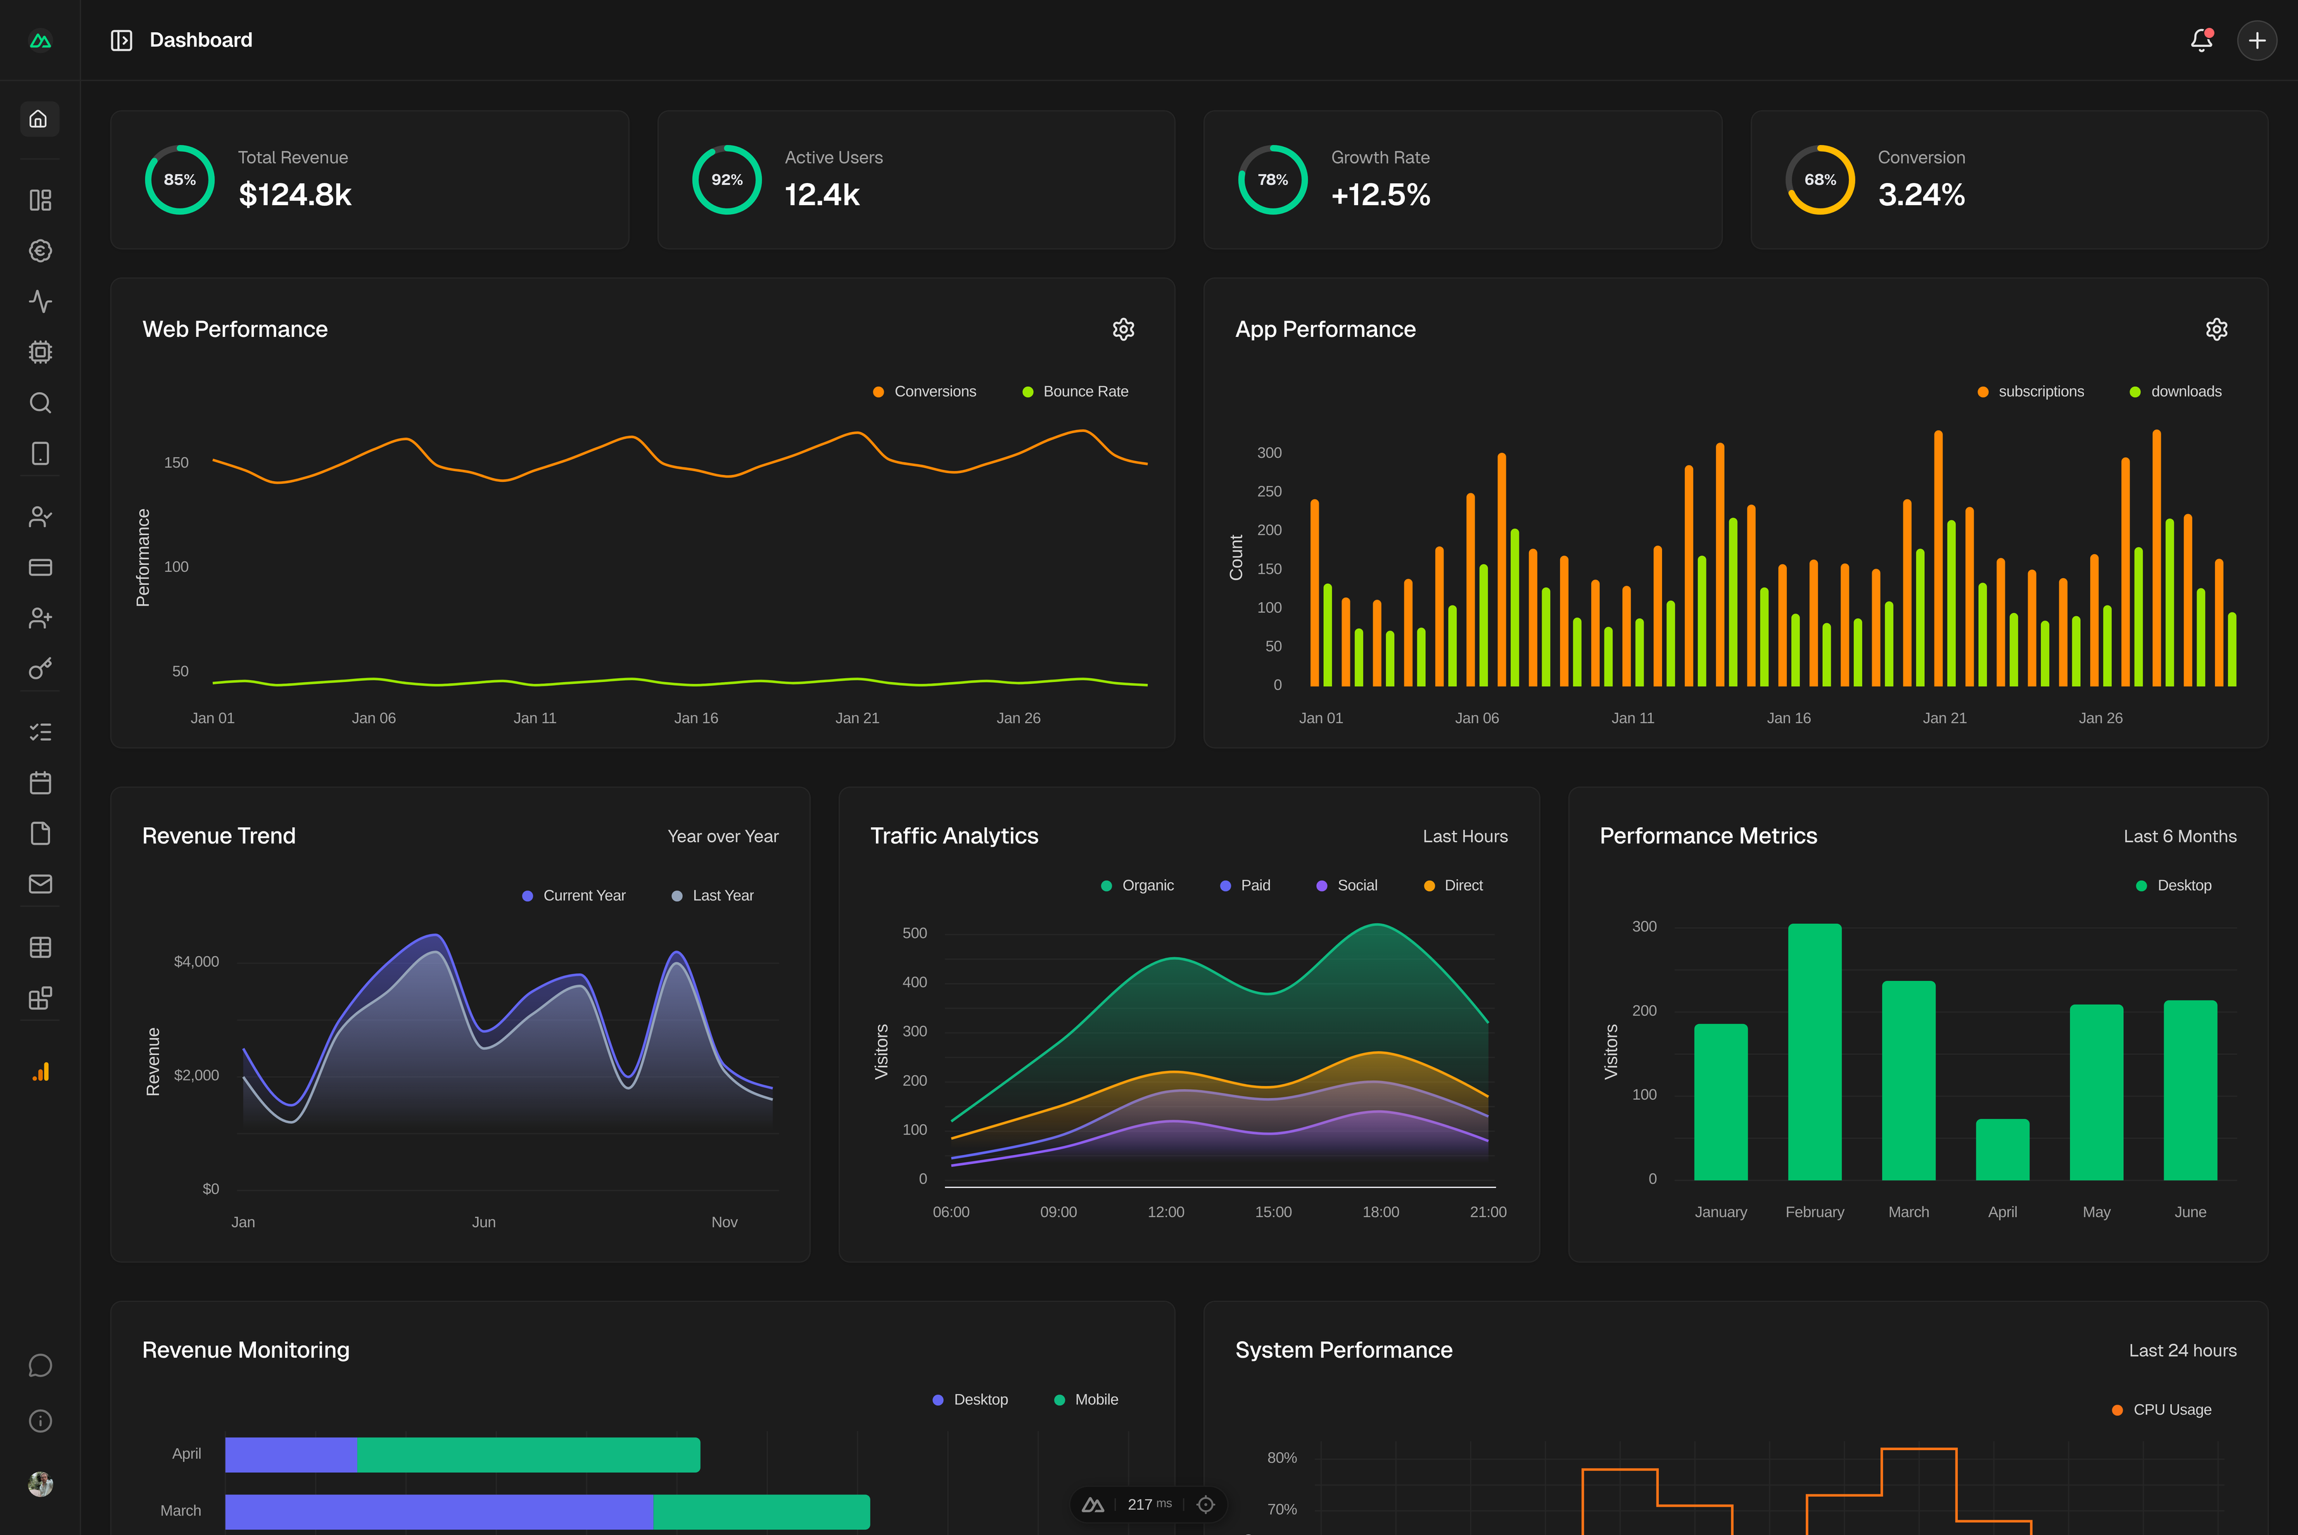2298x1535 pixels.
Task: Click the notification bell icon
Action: tap(2201, 40)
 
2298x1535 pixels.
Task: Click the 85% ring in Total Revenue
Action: tap(179, 179)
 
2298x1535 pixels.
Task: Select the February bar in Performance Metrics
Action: tap(1814, 1052)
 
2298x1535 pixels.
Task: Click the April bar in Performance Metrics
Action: tap(2002, 1149)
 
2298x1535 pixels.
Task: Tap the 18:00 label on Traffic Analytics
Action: tap(1381, 1212)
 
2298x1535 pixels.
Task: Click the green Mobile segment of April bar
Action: tap(529, 1455)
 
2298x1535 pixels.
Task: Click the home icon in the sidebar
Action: tap(39, 120)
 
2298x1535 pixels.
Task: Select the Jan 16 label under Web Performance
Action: tap(696, 719)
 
